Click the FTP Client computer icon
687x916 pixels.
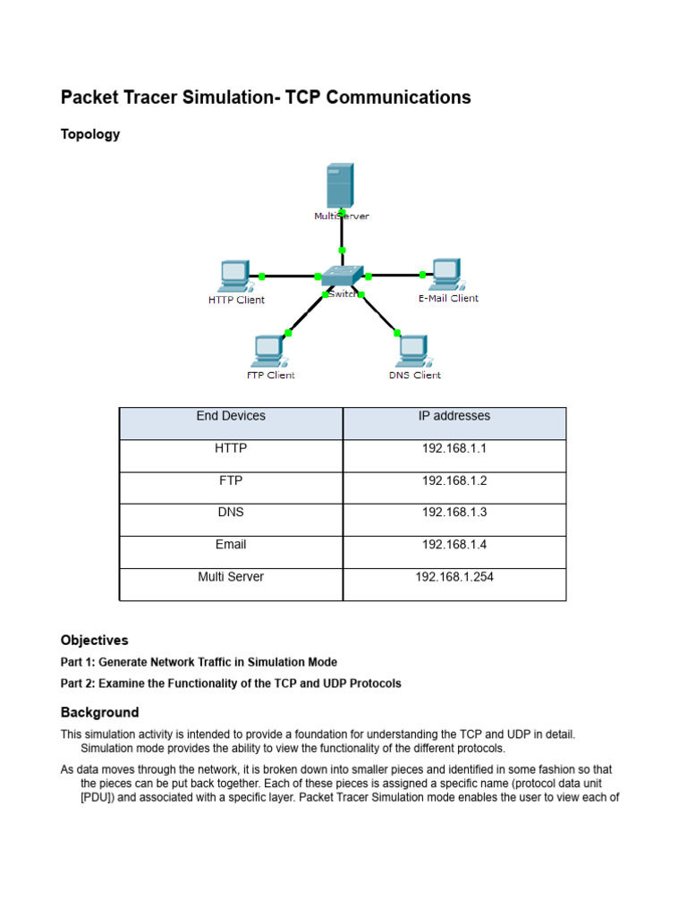tap(268, 351)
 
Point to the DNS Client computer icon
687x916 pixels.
tap(413, 351)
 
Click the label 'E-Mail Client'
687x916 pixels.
tap(448, 298)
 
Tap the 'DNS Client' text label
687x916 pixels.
tap(414, 375)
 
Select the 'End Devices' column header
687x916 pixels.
tap(231, 416)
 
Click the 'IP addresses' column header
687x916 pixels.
tap(454, 416)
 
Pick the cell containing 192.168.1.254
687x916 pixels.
tap(454, 577)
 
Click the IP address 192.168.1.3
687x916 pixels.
tap(454, 513)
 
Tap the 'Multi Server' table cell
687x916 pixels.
tap(231, 577)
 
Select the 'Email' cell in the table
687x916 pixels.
tap(231, 545)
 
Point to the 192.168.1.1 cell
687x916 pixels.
tap(454, 448)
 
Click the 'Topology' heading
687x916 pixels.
tap(90, 134)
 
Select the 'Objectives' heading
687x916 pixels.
tap(95, 640)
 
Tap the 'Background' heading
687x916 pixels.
tap(100, 713)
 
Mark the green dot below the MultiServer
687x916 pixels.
tap(342, 250)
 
